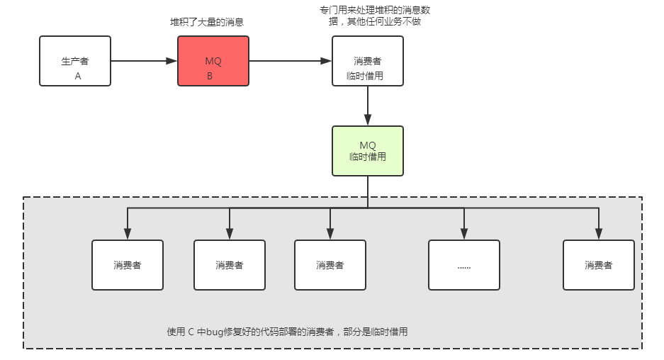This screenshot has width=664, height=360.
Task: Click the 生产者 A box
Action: coord(75,61)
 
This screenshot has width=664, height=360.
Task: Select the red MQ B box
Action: coord(213,61)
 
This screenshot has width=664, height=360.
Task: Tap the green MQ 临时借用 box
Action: coord(368,151)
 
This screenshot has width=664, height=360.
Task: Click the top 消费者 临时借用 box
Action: coord(368,61)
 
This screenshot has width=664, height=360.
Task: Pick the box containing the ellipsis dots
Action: coord(464,265)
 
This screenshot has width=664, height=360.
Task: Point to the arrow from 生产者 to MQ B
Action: coord(144,61)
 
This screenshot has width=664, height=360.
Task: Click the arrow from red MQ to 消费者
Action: coord(291,61)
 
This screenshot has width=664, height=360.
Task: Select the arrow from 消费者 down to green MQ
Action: coord(368,106)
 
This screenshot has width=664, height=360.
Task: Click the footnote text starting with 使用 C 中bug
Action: coord(287,331)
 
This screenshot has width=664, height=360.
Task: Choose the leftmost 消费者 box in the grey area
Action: coord(128,265)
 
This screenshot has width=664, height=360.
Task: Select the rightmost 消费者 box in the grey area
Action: coord(599,265)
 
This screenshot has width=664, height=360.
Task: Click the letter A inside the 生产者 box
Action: coord(78,75)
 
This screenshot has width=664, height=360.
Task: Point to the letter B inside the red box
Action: coord(210,75)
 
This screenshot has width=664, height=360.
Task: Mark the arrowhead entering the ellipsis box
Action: coord(464,235)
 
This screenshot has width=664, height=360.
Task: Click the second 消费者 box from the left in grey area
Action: coord(230,265)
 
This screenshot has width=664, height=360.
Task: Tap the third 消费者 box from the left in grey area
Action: coord(330,265)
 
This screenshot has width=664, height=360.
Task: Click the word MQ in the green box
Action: coord(368,145)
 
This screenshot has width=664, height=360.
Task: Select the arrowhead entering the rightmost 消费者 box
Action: coord(599,235)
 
